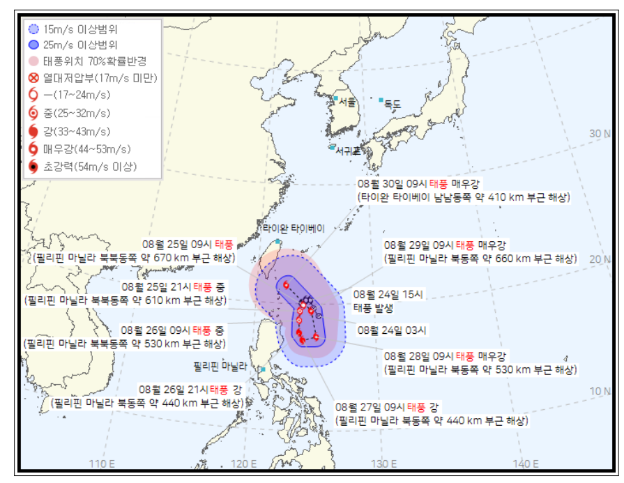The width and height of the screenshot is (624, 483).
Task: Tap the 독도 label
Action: pos(393,104)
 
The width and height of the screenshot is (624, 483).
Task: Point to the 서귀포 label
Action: pos(347,150)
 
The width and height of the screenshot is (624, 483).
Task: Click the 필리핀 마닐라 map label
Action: pos(222,365)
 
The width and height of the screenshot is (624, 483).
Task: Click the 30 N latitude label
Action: pos(599,133)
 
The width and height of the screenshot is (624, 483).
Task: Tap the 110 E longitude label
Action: pos(102,463)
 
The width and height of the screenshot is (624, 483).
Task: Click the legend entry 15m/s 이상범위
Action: pos(75,29)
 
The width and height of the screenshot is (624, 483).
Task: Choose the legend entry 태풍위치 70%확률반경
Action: pos(84,61)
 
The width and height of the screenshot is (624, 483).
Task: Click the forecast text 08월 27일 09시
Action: pos(370,407)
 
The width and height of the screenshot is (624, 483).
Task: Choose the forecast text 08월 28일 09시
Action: pos(418,355)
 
